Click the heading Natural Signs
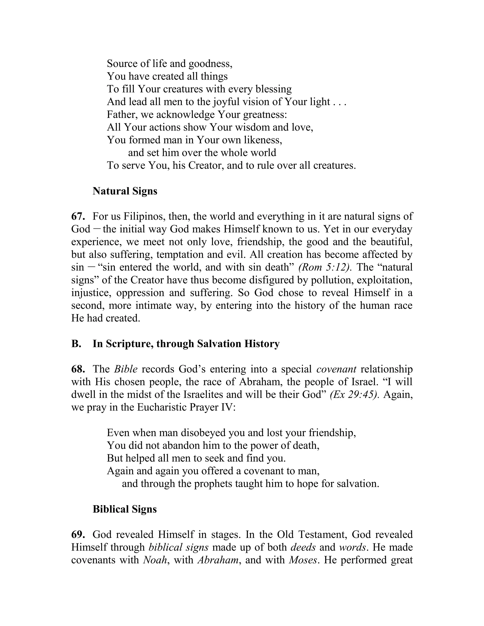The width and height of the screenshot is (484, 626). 125,191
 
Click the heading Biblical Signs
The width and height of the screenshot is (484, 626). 125,509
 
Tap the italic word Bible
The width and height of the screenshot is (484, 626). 125,369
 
